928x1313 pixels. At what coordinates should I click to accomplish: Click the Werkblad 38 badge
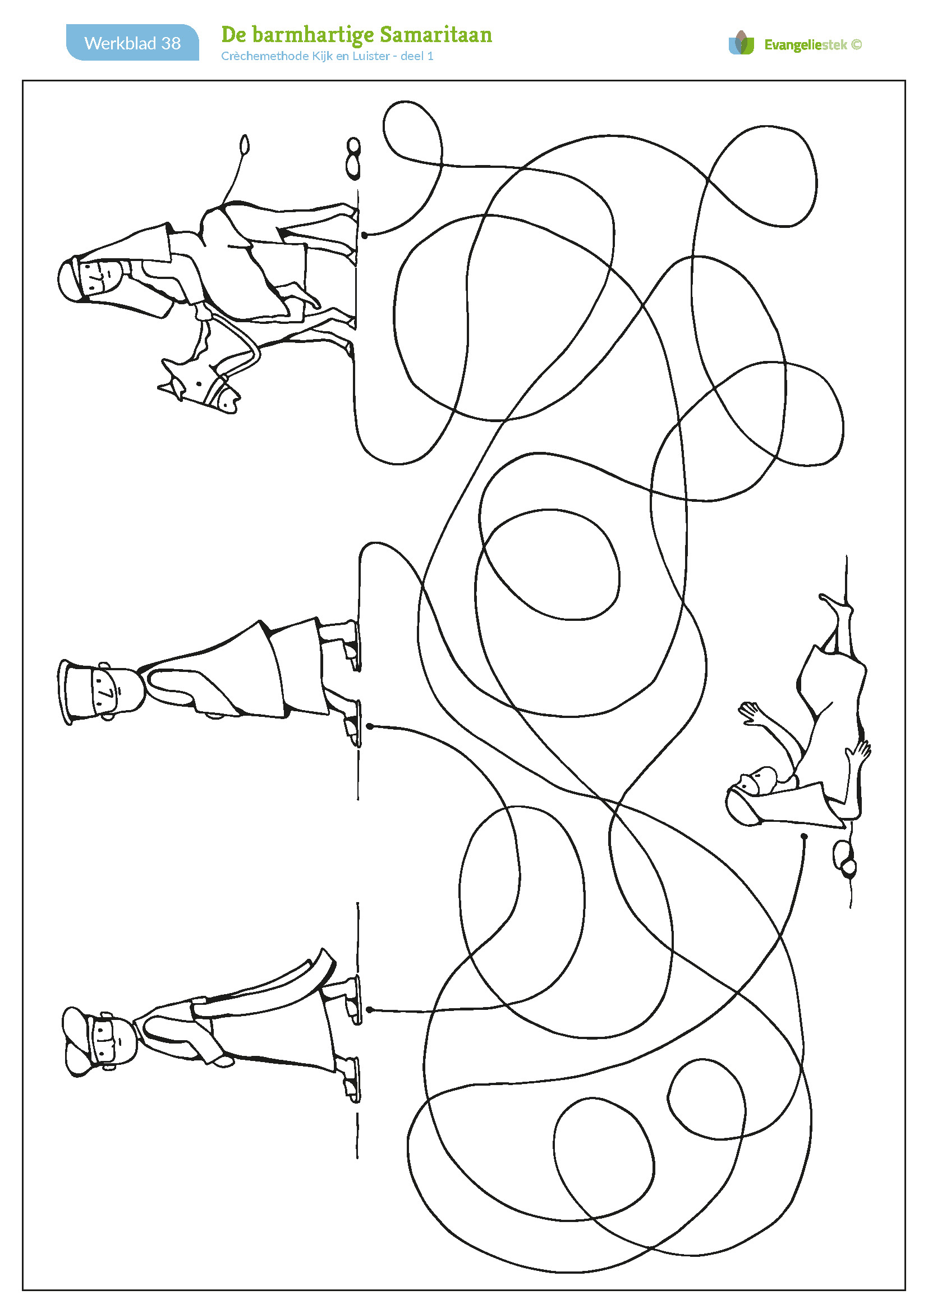[132, 42]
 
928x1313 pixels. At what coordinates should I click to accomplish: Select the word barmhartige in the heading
[313, 35]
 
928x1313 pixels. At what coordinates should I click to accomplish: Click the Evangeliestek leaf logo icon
[742, 43]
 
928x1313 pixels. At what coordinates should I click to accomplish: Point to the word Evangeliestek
[806, 44]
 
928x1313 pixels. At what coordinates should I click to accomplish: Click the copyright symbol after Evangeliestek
[856, 44]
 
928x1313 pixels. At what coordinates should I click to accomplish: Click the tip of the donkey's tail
[245, 145]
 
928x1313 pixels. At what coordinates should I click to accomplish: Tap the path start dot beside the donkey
[365, 235]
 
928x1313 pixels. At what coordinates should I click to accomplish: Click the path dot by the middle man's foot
[370, 726]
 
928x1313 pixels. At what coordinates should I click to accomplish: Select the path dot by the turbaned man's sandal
[370, 1010]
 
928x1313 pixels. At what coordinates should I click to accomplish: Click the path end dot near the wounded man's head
[804, 836]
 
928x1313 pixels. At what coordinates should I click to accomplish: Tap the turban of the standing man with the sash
[80, 1041]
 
